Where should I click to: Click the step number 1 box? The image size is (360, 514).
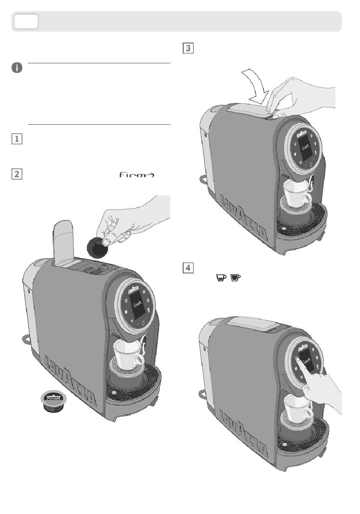[17, 139]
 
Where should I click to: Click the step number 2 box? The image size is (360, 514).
[17, 174]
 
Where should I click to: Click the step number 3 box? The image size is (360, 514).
[188, 48]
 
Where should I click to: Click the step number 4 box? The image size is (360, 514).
[188, 268]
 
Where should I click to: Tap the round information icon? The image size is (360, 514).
[17, 68]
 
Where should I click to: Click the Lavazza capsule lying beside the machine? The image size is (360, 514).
[53, 402]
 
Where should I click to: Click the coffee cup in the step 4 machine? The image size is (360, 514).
[298, 407]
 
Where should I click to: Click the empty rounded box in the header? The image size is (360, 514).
[26, 21]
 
